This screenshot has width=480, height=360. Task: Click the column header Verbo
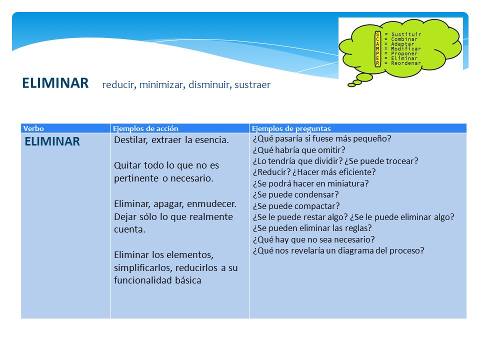33,128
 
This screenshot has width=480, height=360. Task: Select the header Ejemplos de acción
145,128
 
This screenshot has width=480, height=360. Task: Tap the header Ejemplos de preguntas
291,128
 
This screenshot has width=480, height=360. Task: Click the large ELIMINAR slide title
55,83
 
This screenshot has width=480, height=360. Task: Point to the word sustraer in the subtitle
252,84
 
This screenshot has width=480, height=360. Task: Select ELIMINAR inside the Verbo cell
52,141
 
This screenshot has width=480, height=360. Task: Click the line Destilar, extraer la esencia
171,140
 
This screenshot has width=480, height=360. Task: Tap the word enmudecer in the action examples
211,204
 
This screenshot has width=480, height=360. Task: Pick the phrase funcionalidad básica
157,280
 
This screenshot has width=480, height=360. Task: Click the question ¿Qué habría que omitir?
299,150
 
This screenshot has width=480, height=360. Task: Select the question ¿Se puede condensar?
295,194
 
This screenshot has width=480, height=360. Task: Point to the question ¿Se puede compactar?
296,206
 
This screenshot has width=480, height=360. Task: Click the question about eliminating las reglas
312,228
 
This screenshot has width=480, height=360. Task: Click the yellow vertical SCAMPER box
378,48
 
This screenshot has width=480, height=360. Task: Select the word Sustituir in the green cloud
406,34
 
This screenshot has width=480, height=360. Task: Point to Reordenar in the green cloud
406,63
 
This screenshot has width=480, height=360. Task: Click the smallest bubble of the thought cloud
351,85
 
